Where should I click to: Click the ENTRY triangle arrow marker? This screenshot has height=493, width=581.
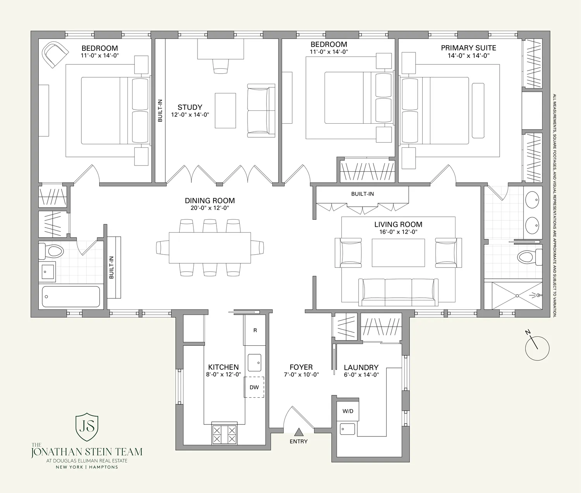tap(298, 432)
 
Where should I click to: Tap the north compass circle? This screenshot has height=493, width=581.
tap(537, 348)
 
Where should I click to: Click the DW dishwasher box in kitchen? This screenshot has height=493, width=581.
tap(254, 387)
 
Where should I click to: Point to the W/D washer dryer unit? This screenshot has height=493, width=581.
tap(348, 411)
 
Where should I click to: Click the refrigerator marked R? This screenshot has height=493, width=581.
tap(254, 330)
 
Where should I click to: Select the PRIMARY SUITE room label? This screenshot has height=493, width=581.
tap(468, 48)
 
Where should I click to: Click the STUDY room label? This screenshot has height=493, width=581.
tap(190, 107)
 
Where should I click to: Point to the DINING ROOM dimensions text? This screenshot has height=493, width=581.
tap(210, 208)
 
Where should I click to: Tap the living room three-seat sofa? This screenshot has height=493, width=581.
tap(398, 292)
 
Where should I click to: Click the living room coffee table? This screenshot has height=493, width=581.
tap(398, 253)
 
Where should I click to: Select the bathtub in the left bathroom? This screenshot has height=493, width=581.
tap(71, 296)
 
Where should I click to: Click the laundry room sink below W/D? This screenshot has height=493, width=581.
tap(347, 429)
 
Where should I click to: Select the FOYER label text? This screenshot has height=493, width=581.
tap(301, 367)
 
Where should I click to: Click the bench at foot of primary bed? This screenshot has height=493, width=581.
tap(478, 110)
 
